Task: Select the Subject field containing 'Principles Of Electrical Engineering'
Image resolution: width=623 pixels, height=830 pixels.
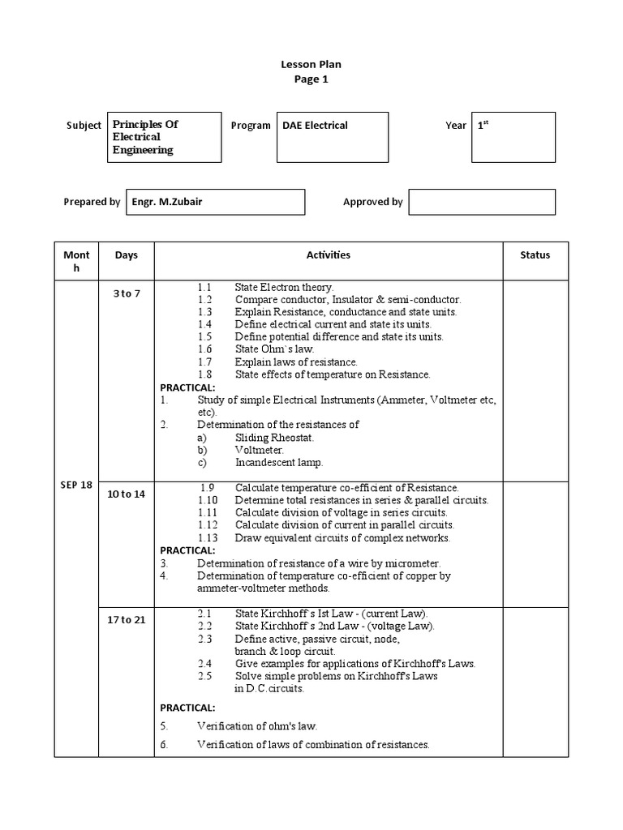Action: tap(164, 137)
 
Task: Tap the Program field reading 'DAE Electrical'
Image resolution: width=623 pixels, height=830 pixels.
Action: tap(334, 137)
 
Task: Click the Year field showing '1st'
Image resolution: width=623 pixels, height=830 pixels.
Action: tap(513, 137)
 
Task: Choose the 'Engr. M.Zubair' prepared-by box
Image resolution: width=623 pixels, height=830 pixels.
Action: tap(214, 202)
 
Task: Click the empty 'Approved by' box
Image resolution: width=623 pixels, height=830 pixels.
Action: tap(482, 202)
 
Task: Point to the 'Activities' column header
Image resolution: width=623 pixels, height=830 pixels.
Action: tap(328, 255)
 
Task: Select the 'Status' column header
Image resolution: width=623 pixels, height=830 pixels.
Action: tap(535, 255)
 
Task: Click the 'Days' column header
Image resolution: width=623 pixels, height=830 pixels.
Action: tap(126, 255)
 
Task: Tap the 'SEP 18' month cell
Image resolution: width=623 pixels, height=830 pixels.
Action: tap(76, 485)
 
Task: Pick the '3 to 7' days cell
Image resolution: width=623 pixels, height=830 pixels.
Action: tap(126, 293)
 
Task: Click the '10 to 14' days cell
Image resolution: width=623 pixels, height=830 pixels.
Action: tap(126, 494)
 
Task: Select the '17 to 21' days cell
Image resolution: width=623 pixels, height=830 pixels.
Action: tap(126, 620)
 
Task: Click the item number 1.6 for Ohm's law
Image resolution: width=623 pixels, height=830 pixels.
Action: tap(204, 349)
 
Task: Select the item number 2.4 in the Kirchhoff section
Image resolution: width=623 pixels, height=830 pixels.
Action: tap(204, 663)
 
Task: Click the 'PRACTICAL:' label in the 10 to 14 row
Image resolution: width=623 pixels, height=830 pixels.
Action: tap(187, 550)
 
